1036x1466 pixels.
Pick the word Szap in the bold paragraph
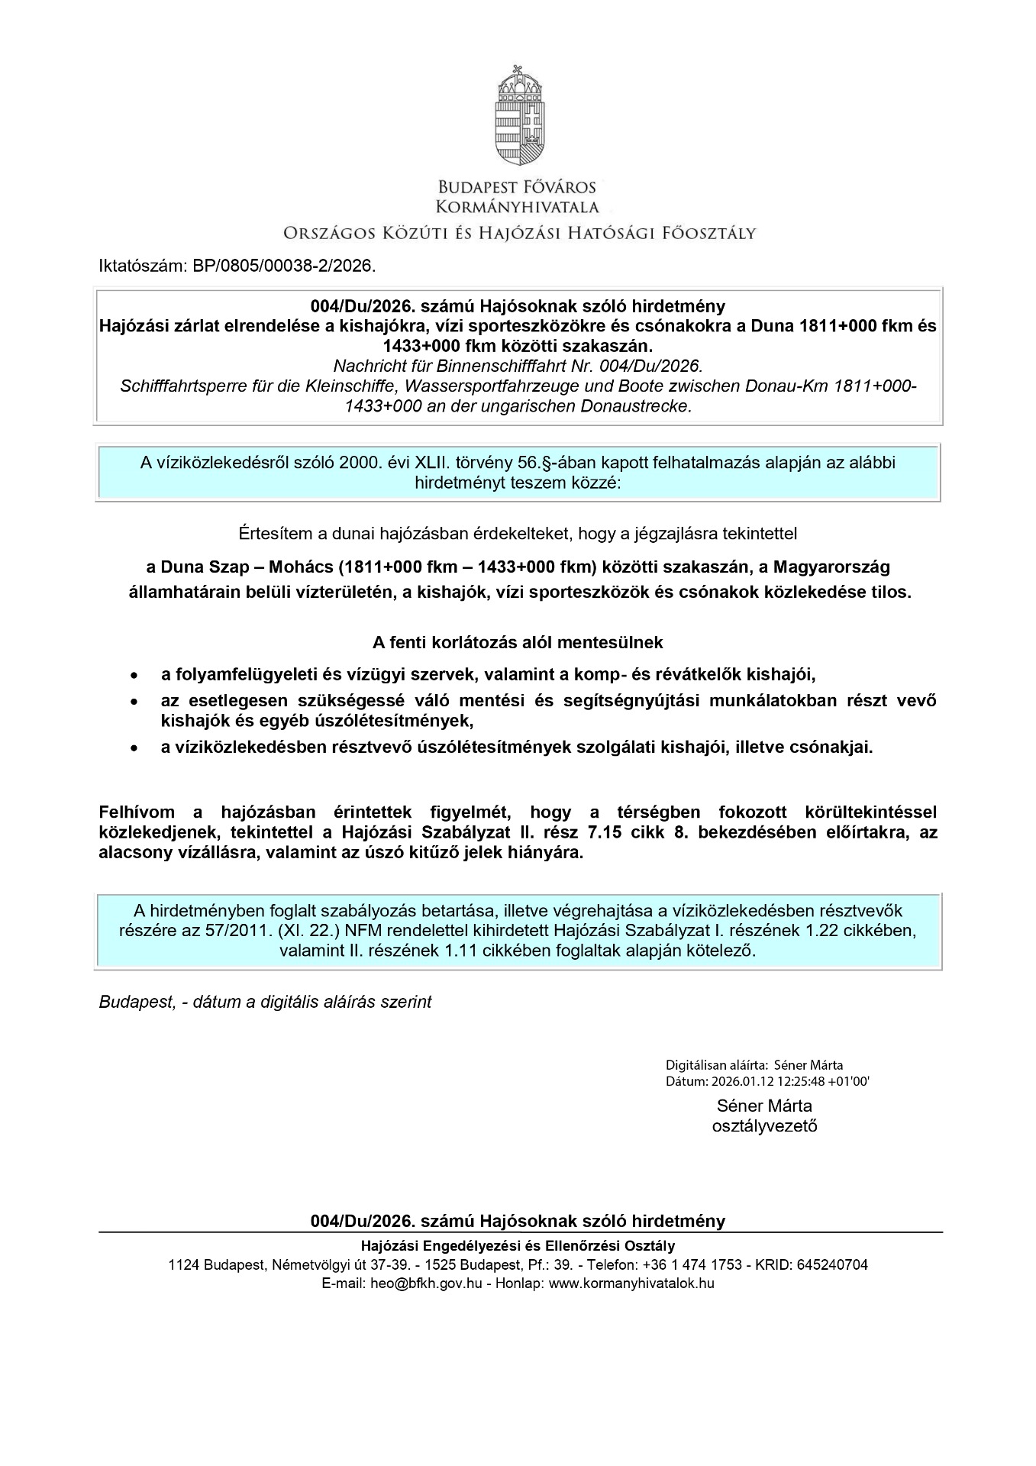[227, 567]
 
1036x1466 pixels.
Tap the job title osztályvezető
[764, 1125]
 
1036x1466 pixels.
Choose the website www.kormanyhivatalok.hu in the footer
[631, 1283]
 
